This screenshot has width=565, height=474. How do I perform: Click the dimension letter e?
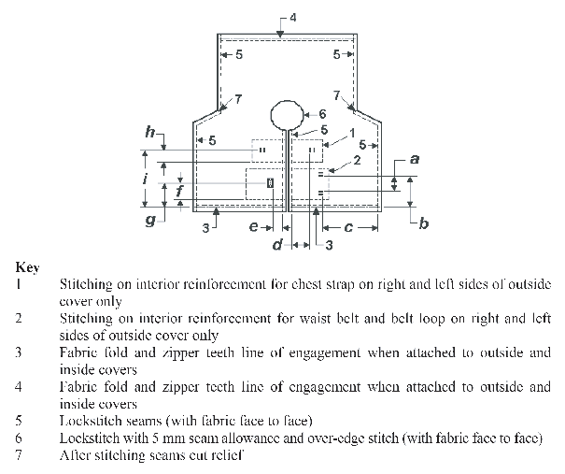pyautogui.click(x=252, y=225)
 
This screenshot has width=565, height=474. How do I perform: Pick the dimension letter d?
pyautogui.click(x=277, y=245)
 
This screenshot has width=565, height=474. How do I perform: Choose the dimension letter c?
pyautogui.click(x=347, y=226)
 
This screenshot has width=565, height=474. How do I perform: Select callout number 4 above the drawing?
pyautogui.click(x=292, y=18)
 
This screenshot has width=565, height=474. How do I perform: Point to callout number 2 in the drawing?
pyautogui.click(x=356, y=162)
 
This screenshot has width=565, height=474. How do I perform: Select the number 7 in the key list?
pyautogui.click(x=18, y=456)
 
